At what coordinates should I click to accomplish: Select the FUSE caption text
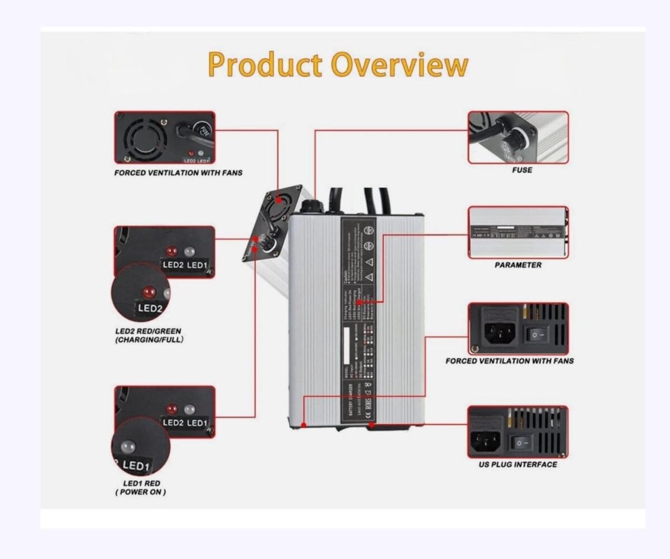point(522,170)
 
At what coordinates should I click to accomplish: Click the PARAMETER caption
point(518,265)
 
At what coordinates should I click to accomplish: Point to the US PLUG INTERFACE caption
point(518,464)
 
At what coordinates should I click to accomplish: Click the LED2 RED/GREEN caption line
point(147,331)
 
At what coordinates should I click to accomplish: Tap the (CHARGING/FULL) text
point(149,340)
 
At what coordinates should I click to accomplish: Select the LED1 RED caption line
point(141,484)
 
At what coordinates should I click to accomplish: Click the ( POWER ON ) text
point(141,492)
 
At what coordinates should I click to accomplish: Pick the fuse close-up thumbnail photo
point(518,137)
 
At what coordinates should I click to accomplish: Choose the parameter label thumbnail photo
point(518,232)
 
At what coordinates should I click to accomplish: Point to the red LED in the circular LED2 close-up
point(149,292)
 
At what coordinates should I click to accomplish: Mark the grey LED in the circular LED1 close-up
point(127,447)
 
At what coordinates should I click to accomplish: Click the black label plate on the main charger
point(358,321)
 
